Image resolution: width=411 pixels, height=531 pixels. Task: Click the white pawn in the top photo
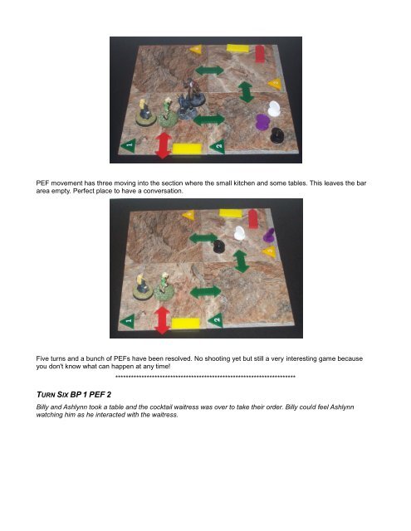pyautogui.click(x=274, y=109)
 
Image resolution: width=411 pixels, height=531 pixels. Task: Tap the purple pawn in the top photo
pyautogui.click(x=262, y=122)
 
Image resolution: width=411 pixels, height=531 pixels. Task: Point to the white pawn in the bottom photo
pyautogui.click(x=240, y=233)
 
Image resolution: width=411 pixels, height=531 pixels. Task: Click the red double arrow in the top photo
pyautogui.click(x=164, y=145)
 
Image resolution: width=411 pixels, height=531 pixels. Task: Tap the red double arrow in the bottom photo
pyautogui.click(x=162, y=320)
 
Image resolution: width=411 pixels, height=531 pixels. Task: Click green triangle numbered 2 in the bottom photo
pyautogui.click(x=216, y=320)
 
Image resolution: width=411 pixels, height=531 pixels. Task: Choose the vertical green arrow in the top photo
pyautogui.click(x=247, y=92)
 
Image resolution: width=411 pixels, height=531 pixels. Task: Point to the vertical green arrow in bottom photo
pyautogui.click(x=241, y=261)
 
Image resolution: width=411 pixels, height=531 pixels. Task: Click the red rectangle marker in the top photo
pyautogui.click(x=260, y=53)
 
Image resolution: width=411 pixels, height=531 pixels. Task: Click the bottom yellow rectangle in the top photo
pyautogui.click(x=188, y=149)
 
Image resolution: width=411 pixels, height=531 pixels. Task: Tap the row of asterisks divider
pyautogui.click(x=205, y=377)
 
